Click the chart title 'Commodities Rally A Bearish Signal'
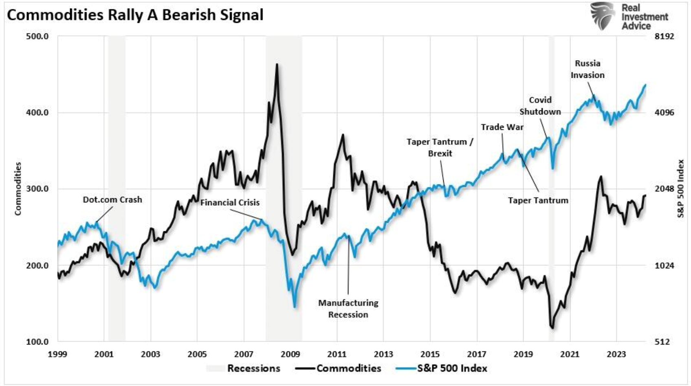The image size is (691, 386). [135, 15]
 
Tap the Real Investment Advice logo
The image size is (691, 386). [629, 16]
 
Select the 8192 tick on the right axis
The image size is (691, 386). [664, 36]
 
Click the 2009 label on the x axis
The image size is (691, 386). [290, 354]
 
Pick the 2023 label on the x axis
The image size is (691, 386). [616, 354]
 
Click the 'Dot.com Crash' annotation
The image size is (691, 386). [112, 200]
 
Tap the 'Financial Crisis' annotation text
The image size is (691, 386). [230, 202]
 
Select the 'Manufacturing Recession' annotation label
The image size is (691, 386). [348, 309]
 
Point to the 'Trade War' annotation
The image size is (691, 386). [502, 127]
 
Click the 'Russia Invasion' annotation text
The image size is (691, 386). [588, 69]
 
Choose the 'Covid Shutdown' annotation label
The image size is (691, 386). [540, 106]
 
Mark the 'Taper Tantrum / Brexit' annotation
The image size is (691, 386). [440, 147]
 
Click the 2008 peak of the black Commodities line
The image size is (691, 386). [277, 64]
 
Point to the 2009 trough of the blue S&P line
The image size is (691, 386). [295, 307]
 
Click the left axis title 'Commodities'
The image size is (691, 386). [18, 189]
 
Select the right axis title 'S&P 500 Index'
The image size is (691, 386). [680, 189]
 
